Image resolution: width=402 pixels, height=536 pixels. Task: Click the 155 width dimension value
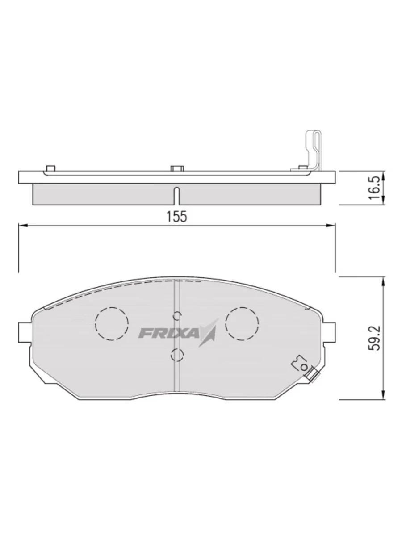[176, 216]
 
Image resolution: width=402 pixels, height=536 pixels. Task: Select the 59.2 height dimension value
[374, 338]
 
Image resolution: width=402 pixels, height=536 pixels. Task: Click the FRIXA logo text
[169, 333]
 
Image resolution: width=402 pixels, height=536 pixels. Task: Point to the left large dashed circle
[112, 324]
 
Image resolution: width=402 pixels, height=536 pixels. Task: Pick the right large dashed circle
[242, 323]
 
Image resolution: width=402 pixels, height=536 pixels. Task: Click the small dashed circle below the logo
[177, 355]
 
